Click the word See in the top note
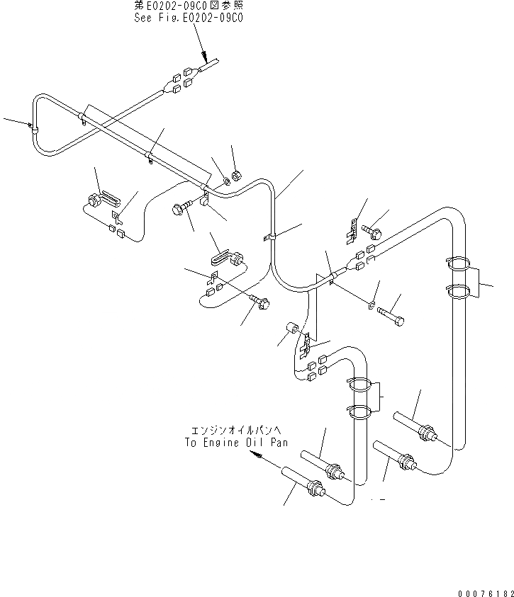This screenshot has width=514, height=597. pos(144,18)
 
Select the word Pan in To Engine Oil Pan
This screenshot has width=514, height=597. pos(279,443)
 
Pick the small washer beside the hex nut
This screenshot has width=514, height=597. pos(225,181)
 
